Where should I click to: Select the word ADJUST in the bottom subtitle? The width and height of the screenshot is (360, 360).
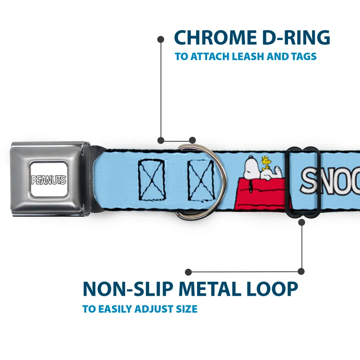point(154,309)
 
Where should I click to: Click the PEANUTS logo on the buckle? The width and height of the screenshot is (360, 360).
point(48,180)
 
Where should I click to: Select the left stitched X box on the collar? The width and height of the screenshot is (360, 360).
point(151,179)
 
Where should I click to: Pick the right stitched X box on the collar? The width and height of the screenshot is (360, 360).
point(201,179)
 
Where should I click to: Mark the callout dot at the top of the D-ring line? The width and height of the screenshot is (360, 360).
point(161,39)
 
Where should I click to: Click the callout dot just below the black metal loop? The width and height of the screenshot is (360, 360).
point(301,222)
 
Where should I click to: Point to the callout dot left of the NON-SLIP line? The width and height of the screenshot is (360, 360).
point(189,272)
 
